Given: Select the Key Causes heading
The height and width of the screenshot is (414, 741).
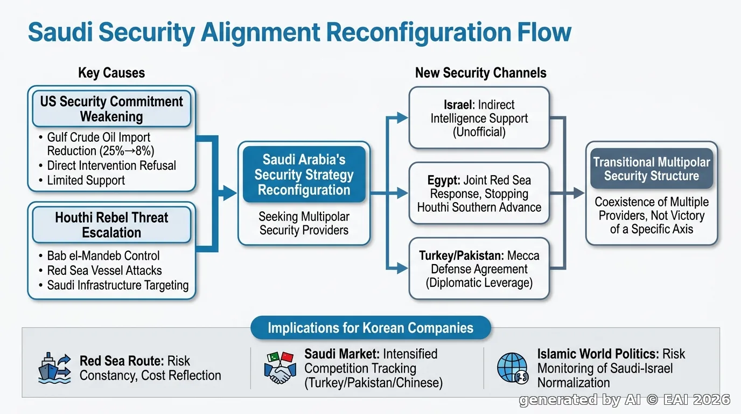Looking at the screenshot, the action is point(111,73).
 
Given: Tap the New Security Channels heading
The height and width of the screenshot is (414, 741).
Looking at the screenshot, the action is point(481,73).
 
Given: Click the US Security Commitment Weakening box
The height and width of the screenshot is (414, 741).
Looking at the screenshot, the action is point(111,109).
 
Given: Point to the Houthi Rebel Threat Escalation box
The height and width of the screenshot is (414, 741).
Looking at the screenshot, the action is point(111,225).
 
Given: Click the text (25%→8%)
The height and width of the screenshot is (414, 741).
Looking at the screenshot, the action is point(127,151).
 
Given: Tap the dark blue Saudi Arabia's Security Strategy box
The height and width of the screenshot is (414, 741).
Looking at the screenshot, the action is point(304,175).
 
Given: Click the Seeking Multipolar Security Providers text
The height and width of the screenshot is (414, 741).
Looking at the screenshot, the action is point(304,223).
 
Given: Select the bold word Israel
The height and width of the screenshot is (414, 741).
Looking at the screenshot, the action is point(458,105).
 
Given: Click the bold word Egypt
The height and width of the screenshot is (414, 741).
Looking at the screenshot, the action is point(443,181).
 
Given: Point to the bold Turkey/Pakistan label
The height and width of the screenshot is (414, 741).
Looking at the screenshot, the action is point(461,256).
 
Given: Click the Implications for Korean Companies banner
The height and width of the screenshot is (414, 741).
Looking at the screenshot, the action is point(370,328).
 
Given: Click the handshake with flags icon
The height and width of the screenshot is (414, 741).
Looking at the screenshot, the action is point(279,368).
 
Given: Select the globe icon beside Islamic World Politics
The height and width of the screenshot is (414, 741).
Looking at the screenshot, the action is point(513,368).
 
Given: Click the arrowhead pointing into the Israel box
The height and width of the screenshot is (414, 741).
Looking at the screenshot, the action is point(402,118).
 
